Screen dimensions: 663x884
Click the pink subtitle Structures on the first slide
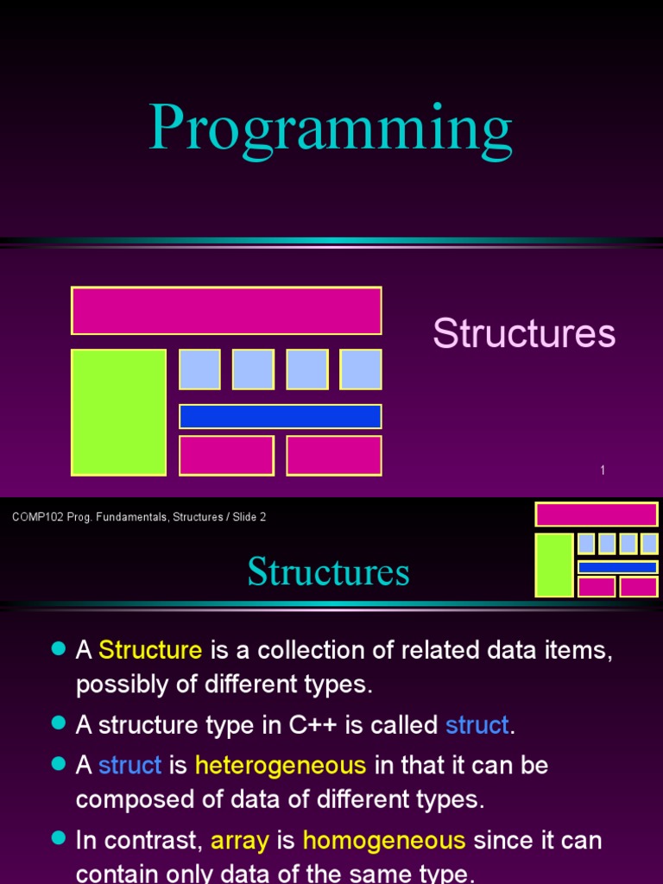coord(524,332)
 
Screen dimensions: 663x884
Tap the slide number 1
coord(603,470)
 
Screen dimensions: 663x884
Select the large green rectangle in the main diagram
coord(118,412)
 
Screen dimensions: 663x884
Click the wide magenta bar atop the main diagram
coord(226,311)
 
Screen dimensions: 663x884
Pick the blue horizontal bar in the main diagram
coord(281,417)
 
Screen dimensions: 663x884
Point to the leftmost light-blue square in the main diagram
coord(199,369)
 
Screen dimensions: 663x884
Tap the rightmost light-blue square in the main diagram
coord(361,369)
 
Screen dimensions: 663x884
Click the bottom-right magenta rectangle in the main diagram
coord(334,456)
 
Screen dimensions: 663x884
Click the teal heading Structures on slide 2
coord(328,571)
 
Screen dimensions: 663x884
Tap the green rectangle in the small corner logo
coord(554,565)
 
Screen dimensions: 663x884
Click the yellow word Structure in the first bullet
coord(150,649)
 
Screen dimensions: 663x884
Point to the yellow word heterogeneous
coord(281,765)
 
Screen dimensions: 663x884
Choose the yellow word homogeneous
coord(384,840)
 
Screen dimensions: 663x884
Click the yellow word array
coord(240,841)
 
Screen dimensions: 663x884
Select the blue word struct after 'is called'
coord(477,724)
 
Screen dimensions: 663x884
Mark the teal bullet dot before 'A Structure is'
coord(59,648)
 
